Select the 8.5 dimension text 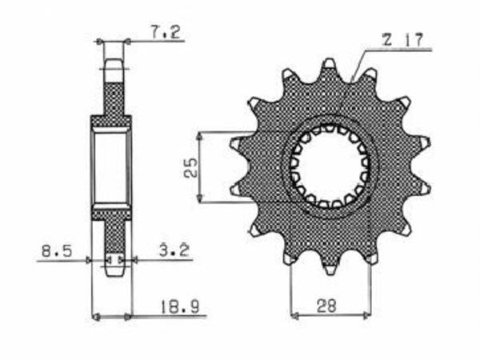tap(57, 251)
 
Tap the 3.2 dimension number tap(174, 251)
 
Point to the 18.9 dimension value tap(179, 306)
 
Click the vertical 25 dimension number tap(191, 167)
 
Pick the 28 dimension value tap(326, 306)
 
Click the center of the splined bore tap(330, 167)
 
